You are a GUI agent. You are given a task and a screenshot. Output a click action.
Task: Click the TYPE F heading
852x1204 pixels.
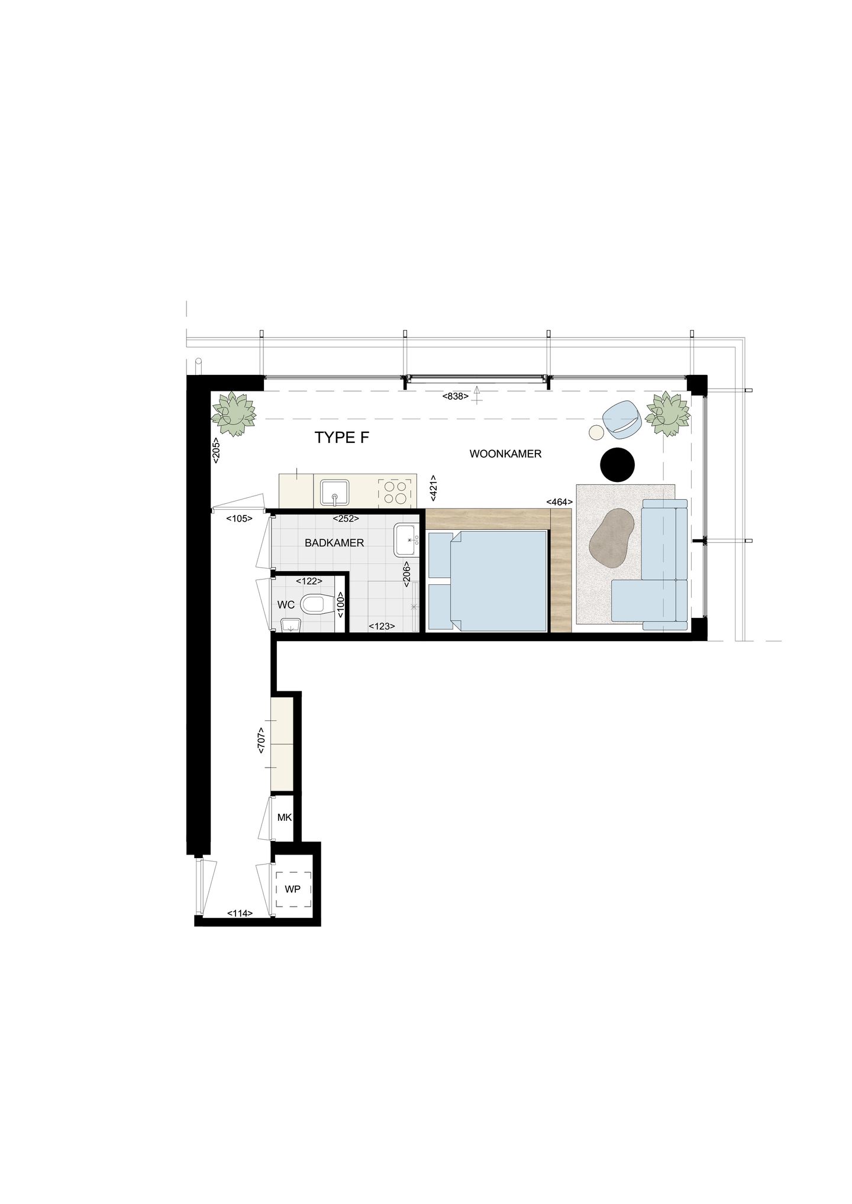pos(342,438)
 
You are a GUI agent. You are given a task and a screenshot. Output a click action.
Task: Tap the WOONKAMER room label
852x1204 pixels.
pos(505,454)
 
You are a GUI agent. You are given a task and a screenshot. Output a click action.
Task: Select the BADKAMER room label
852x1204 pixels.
pos(334,543)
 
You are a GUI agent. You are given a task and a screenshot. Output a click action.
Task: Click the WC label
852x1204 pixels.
pos(286,606)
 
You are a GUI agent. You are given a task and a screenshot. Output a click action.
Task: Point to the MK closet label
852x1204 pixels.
pos(285,818)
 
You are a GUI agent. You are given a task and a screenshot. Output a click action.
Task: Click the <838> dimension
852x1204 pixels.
pos(455,396)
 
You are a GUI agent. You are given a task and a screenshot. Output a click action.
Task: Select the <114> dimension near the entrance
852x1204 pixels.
pos(240,913)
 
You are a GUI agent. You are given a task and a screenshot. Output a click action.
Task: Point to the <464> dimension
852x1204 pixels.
pos(559,502)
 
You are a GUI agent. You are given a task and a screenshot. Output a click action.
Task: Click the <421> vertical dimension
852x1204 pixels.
pos(434,488)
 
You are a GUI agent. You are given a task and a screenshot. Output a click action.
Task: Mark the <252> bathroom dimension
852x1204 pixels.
pos(346,519)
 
